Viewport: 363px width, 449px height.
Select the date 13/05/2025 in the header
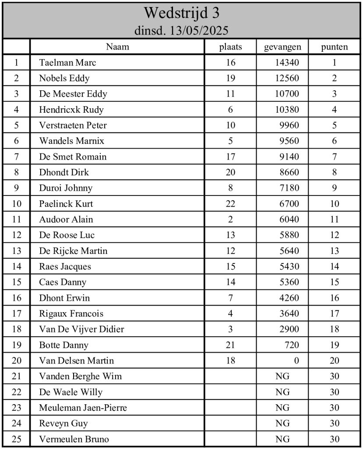click(199, 31)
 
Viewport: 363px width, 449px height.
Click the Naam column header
click(117, 47)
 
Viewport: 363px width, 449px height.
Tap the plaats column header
click(230, 47)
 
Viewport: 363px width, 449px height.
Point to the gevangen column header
click(282, 47)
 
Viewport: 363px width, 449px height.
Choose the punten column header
click(335, 47)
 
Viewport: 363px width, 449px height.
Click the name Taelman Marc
click(67, 63)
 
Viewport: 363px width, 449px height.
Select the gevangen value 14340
click(287, 63)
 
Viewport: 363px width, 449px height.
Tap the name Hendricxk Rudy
click(71, 110)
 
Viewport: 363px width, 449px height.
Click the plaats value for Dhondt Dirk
click(230, 172)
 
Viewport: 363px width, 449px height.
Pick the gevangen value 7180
click(289, 188)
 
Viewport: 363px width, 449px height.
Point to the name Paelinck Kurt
click(66, 204)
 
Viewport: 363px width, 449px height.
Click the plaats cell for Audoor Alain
click(230, 220)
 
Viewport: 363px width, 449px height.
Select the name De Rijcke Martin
click(73, 251)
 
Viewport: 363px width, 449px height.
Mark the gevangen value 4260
click(289, 298)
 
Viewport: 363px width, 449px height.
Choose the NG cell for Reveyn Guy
click(282, 424)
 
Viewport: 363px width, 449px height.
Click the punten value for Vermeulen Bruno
click(335, 439)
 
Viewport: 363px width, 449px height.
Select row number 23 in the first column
click(17, 408)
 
